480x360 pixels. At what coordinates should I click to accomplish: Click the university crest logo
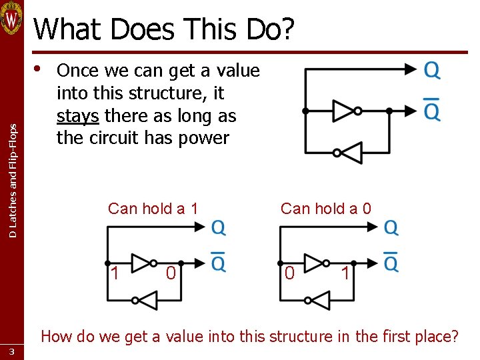click(12, 18)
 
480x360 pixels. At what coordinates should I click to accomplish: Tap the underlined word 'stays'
click(78, 116)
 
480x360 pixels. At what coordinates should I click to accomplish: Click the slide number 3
click(11, 351)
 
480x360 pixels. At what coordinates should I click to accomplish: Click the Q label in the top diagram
click(432, 70)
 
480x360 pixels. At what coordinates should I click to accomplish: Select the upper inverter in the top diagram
click(345, 111)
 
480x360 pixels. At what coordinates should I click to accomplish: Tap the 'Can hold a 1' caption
click(153, 209)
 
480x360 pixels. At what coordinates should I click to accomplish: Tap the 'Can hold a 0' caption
click(326, 209)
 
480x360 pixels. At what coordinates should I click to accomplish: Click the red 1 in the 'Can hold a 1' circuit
click(115, 273)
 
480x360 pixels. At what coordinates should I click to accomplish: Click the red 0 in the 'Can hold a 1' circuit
click(171, 273)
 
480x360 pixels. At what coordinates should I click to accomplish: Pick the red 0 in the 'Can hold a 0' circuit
click(289, 273)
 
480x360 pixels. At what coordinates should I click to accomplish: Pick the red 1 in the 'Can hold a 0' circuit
click(345, 273)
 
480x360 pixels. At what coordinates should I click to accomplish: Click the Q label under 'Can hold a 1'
click(218, 229)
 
